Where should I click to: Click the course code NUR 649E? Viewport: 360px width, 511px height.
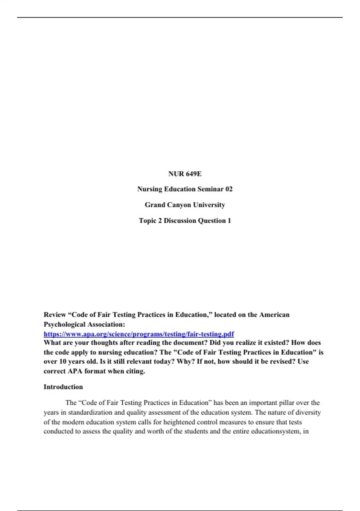185,174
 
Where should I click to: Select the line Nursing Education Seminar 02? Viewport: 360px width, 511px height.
185,189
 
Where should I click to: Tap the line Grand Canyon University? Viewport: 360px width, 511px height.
185,205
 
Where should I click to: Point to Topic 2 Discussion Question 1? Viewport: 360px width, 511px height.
185,221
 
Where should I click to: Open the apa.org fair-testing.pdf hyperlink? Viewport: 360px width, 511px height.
139,334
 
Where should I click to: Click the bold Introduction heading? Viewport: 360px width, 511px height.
63,387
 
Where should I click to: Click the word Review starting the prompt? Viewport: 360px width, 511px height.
55,315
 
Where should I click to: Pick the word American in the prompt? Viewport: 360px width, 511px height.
274,315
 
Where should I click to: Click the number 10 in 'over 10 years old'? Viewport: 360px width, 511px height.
63,361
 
